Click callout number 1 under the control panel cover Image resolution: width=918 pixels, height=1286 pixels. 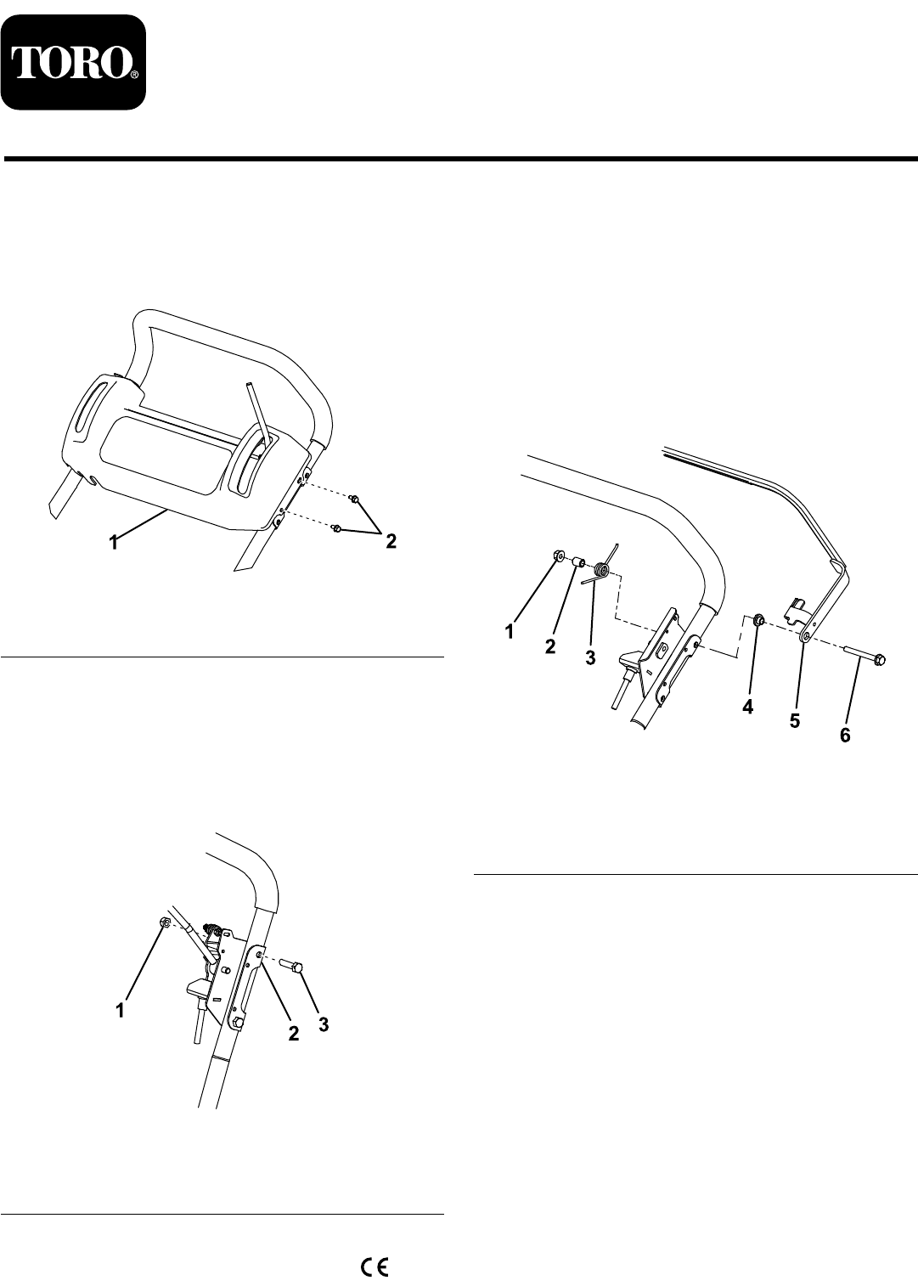tap(115, 542)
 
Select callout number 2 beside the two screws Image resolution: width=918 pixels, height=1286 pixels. tap(391, 541)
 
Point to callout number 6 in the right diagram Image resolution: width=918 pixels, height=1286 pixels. tap(845, 736)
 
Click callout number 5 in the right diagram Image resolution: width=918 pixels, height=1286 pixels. tap(794, 720)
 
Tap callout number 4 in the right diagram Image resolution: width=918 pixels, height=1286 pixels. tap(747, 707)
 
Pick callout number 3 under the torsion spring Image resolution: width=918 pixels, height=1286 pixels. tap(590, 658)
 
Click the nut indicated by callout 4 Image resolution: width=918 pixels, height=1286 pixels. tap(757, 619)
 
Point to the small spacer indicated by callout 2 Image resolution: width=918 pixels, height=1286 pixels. tap(578, 561)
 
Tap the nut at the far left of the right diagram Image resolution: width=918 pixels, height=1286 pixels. tap(556, 555)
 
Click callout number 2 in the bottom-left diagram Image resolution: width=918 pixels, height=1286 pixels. tap(293, 1034)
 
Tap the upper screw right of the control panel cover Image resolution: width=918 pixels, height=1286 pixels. tap(356, 499)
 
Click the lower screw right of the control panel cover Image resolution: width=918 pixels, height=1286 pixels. tap(339, 527)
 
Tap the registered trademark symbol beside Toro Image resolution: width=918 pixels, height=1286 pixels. tap(133, 74)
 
